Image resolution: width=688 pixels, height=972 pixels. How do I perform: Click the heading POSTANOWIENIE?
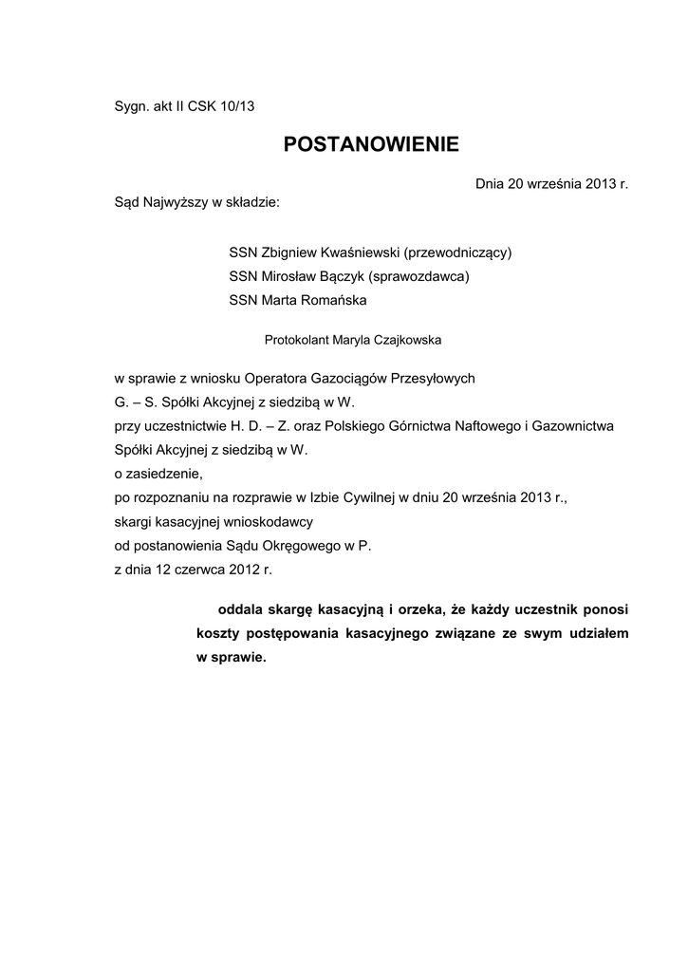coord(371,144)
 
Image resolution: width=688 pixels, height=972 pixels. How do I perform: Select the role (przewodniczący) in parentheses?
coord(457,253)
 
